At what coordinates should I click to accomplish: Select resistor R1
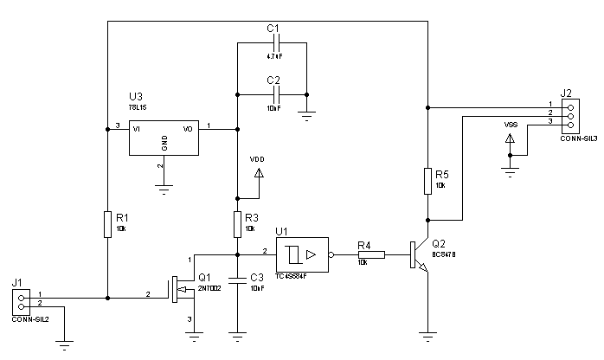(106, 223)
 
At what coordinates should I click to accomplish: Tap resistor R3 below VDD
(236, 224)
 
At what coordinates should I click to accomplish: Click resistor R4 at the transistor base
(371, 254)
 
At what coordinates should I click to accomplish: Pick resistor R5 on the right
(427, 181)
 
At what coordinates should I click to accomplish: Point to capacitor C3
(236, 281)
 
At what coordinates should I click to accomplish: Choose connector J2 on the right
(569, 114)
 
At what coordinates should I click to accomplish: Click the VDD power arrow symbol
(257, 173)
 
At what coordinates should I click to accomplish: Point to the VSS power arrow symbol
(511, 138)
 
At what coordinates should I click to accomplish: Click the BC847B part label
(444, 255)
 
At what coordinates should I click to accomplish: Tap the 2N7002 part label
(211, 288)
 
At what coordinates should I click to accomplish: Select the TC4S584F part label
(291, 277)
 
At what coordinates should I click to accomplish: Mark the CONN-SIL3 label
(577, 138)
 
